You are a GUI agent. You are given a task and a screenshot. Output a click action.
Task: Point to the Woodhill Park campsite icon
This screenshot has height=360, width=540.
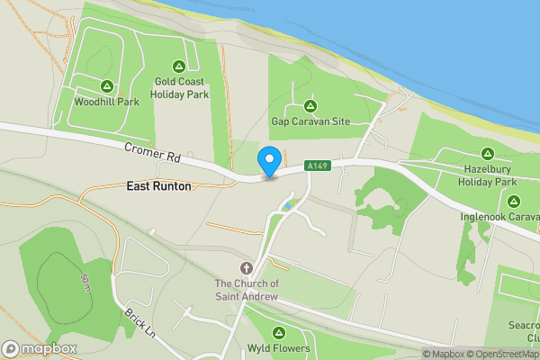(x=106, y=86)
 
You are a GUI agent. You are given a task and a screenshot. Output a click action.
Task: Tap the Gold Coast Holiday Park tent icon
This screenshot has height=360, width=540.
(x=179, y=66)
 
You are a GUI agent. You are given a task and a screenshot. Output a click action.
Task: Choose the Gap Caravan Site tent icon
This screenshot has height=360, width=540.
(x=311, y=105)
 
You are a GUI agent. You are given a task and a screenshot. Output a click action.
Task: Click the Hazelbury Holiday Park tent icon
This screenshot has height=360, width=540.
(x=488, y=153)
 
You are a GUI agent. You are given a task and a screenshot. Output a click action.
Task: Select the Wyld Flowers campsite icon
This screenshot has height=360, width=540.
(x=278, y=333)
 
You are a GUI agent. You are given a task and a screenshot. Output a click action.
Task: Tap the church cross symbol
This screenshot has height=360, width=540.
(x=247, y=268)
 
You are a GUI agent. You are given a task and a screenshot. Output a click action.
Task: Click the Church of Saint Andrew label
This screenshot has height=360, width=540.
(x=247, y=290)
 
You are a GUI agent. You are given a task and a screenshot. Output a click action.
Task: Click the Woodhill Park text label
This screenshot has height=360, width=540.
(x=106, y=102)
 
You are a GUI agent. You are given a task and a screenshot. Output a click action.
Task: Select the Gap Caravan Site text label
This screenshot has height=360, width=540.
(x=311, y=121)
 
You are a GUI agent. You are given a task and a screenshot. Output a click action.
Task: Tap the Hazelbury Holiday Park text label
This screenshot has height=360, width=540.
(x=489, y=175)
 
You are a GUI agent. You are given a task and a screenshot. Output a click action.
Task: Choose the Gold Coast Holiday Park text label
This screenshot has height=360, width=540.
(x=180, y=87)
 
